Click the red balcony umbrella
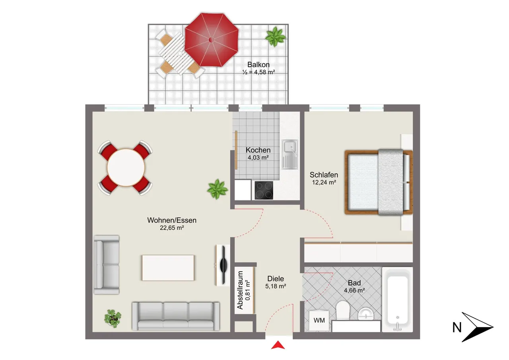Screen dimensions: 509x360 [212, 40]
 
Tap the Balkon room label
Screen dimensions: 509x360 [258, 64]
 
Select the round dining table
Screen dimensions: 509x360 [126, 168]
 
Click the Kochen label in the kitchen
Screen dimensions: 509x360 [258, 150]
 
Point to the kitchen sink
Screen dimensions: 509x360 [290, 155]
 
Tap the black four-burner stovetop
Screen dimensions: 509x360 [264, 190]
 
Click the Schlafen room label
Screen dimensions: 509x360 [324, 175]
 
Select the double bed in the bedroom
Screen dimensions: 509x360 [379, 182]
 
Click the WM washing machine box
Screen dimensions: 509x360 [319, 321]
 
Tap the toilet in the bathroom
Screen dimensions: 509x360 [342, 310]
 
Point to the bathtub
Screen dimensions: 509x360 [397, 300]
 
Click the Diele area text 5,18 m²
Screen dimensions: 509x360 [276, 286]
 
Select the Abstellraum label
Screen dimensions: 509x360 [240, 290]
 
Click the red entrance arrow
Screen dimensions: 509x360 [278, 345]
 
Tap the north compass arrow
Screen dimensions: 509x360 [478, 327]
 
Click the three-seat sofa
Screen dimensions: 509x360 [176, 316]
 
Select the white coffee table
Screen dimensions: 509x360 [168, 268]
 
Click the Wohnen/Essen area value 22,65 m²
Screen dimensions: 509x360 [172, 228]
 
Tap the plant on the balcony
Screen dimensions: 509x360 [276, 36]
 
